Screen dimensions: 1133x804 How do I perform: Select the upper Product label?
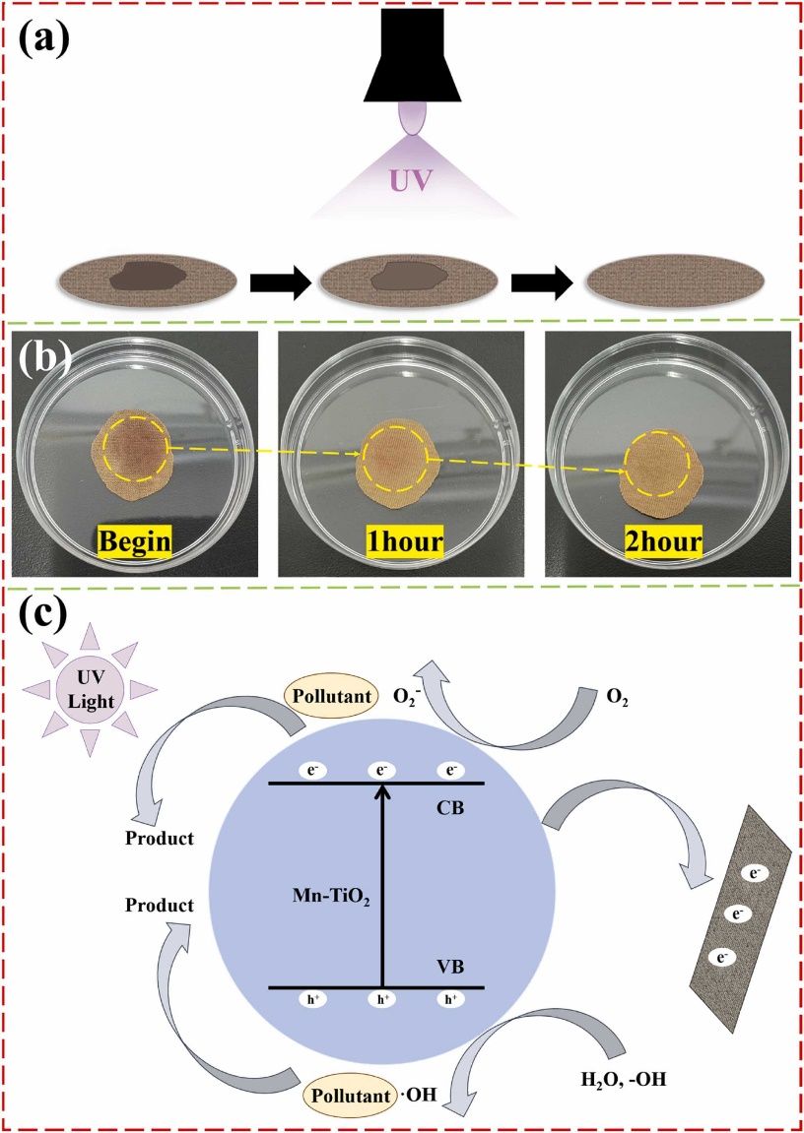[x=159, y=839]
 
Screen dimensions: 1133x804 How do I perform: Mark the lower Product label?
[x=159, y=903]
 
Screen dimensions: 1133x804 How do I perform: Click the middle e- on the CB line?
[x=379, y=770]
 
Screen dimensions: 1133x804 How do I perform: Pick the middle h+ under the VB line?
[x=379, y=999]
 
